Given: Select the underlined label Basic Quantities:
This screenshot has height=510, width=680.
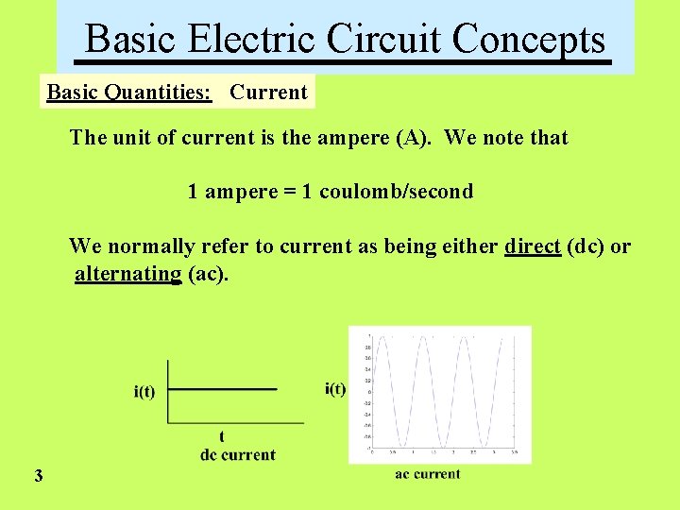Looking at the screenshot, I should click(x=129, y=93).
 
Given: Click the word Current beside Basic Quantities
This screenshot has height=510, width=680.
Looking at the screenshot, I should click(x=268, y=93).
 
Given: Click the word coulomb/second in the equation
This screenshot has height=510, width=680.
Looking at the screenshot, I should click(x=397, y=192).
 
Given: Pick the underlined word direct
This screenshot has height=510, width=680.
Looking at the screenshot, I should click(x=533, y=246).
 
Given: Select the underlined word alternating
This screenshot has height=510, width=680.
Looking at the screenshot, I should click(x=128, y=275).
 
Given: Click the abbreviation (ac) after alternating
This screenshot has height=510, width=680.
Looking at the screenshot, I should click(x=208, y=275).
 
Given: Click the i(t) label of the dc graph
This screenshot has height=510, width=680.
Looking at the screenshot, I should click(x=144, y=392).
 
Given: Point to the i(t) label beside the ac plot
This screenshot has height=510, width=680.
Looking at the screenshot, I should click(x=335, y=388).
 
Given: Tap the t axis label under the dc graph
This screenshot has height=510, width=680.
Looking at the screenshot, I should click(x=221, y=436).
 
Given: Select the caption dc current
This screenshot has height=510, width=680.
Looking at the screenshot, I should click(x=238, y=454).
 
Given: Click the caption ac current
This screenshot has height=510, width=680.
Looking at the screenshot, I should click(x=428, y=474).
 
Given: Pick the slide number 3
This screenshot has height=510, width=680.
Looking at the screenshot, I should click(x=38, y=476).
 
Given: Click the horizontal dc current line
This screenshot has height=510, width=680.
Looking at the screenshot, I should click(x=223, y=388).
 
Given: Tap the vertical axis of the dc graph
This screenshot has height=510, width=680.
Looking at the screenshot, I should click(x=168, y=391).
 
